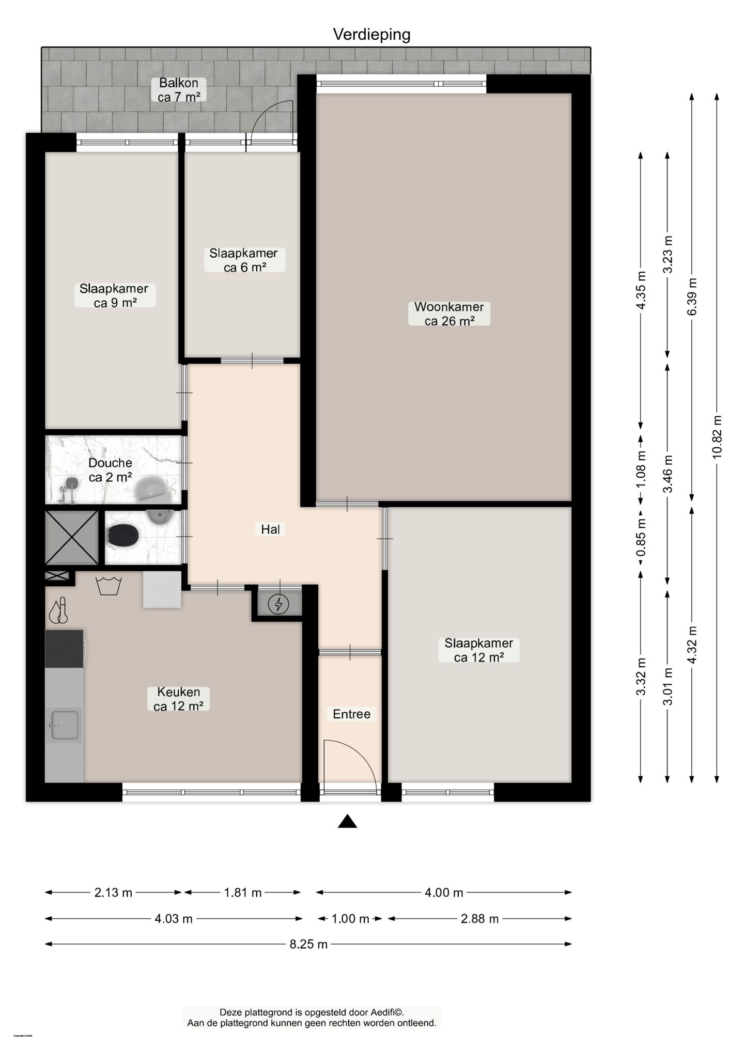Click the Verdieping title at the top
pyautogui.click(x=371, y=35)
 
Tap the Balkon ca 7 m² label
pyautogui.click(x=179, y=90)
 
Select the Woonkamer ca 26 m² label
pyautogui.click(x=449, y=314)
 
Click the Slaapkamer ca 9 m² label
pyautogui.click(x=114, y=296)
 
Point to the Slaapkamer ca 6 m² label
pyautogui.click(x=244, y=260)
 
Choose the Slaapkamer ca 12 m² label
pyautogui.click(x=478, y=650)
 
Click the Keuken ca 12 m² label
pyautogui.click(x=178, y=699)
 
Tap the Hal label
pyautogui.click(x=270, y=529)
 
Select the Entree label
pyautogui.click(x=351, y=714)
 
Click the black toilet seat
pyautogui.click(x=123, y=535)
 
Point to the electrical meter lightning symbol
pyautogui.click(x=280, y=604)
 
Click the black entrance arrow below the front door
pyautogui.click(x=347, y=822)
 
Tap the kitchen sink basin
pyautogui.click(x=64, y=725)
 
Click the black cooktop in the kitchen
pyautogui.click(x=65, y=649)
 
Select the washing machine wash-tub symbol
pyautogui.click(x=109, y=586)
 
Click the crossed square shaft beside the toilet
pyautogui.click(x=71, y=538)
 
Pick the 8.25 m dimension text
pyautogui.click(x=308, y=945)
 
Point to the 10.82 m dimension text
pyautogui.click(x=717, y=437)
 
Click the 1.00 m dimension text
pyautogui.click(x=350, y=919)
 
